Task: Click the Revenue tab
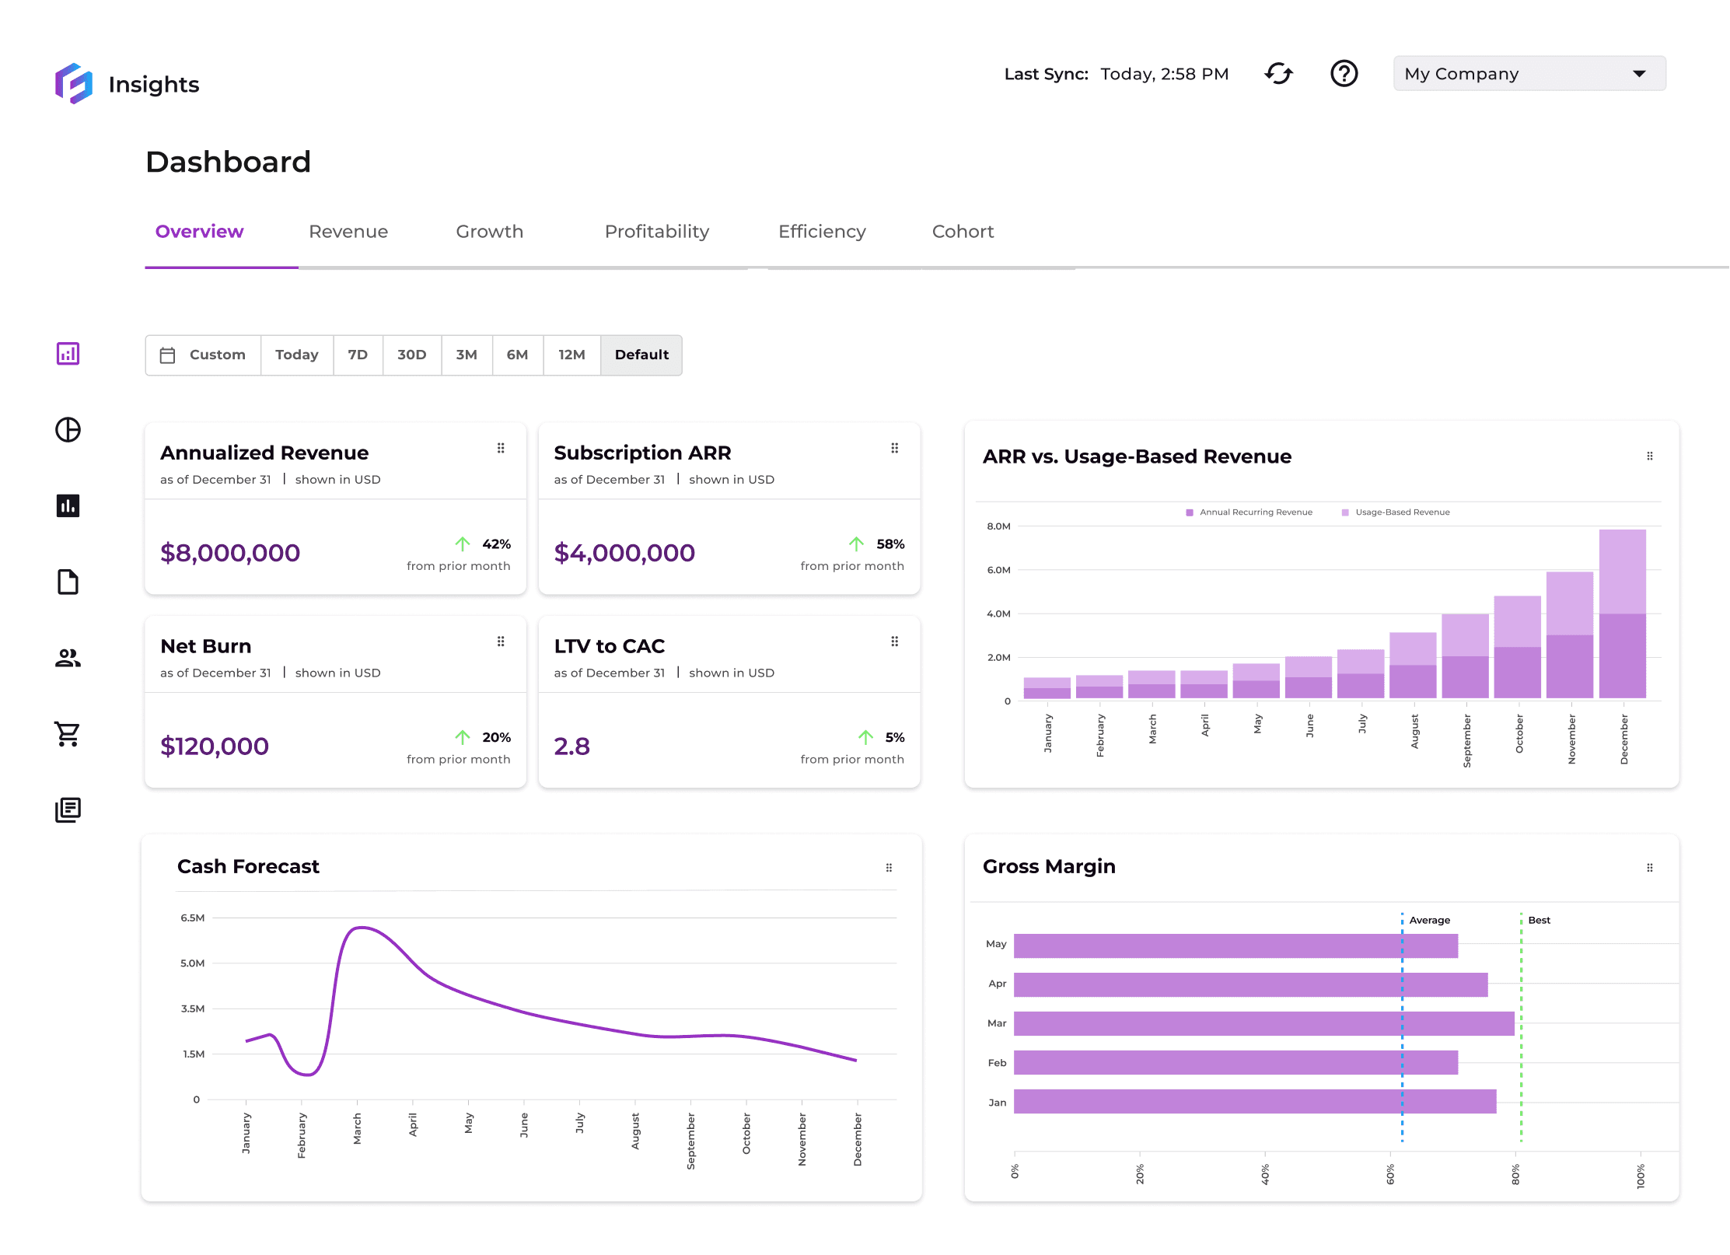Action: [x=348, y=232]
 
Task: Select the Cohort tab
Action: [x=963, y=232]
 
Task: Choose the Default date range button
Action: [x=641, y=355]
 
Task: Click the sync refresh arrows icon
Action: [x=1278, y=74]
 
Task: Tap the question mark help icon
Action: [x=1344, y=74]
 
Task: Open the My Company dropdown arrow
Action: [x=1639, y=74]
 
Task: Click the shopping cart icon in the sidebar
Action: [x=68, y=734]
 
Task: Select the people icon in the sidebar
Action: [x=68, y=658]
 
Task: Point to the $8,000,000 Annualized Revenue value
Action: [x=230, y=553]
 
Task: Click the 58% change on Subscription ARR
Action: [x=890, y=544]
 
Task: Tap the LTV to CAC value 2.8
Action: [x=571, y=746]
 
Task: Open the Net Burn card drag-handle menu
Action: [x=501, y=641]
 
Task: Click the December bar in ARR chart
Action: [x=1622, y=614]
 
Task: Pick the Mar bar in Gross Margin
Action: [x=1263, y=1023]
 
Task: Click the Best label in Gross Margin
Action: [x=1539, y=921]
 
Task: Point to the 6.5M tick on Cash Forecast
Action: [x=192, y=918]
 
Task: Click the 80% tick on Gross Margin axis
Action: [x=1515, y=1174]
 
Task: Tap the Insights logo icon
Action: [x=74, y=83]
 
